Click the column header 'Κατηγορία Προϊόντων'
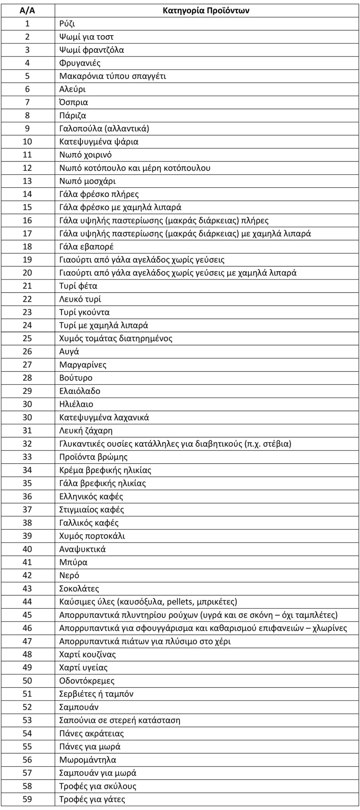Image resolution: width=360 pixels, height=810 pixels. pyautogui.click(x=206, y=11)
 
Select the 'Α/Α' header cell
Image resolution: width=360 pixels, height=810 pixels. pyautogui.click(x=27, y=11)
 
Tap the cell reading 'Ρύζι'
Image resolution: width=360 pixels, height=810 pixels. pyautogui.click(x=67, y=24)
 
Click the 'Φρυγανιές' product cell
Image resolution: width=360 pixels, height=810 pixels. pyautogui.click(x=80, y=63)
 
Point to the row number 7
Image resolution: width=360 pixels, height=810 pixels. pyautogui.click(x=27, y=102)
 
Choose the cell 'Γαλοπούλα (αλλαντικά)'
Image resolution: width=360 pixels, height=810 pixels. pyautogui.click(x=104, y=129)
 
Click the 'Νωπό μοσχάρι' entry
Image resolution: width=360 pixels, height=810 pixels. pyautogui.click(x=88, y=181)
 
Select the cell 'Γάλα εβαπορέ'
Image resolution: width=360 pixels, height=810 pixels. pyautogui.click(x=86, y=246)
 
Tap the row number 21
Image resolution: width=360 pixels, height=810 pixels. pyautogui.click(x=27, y=286)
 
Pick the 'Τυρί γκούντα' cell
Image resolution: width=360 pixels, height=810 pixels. pyautogui.click(x=84, y=312)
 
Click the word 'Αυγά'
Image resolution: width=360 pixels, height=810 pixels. pyautogui.click(x=69, y=352)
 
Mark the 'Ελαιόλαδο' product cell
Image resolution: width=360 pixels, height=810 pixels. pyautogui.click(x=80, y=391)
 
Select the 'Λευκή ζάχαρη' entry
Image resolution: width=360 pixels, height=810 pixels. pyautogui.click(x=86, y=431)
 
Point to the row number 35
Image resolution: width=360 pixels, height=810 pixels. pyautogui.click(x=27, y=483)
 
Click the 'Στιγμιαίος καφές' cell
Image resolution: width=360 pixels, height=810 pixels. pyautogui.click(x=92, y=510)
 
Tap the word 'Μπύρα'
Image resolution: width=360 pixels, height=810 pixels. pyautogui.click(x=73, y=562)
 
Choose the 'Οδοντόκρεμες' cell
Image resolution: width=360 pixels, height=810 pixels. pyautogui.click(x=87, y=681)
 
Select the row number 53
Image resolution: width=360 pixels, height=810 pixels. pyautogui.click(x=27, y=720)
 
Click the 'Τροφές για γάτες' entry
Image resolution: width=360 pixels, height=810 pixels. pyautogui.click(x=92, y=799)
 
